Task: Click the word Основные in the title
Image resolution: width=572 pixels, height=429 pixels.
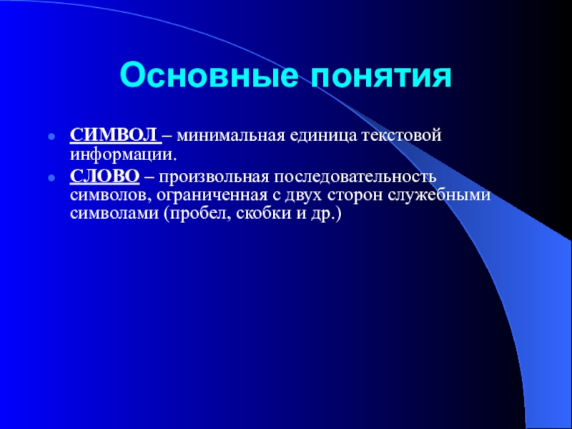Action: pyautogui.click(x=209, y=77)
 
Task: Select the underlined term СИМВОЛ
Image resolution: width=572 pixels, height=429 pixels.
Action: pyautogui.click(x=114, y=136)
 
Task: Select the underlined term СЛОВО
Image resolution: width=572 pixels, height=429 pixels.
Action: pyautogui.click(x=105, y=177)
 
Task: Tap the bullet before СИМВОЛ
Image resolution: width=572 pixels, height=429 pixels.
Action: pyautogui.click(x=51, y=138)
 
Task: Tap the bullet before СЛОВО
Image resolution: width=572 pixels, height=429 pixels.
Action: pyautogui.click(x=51, y=179)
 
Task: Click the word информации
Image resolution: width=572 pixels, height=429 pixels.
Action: pyautogui.click(x=123, y=156)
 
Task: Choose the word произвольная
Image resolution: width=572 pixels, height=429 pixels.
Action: pyautogui.click(x=214, y=177)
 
